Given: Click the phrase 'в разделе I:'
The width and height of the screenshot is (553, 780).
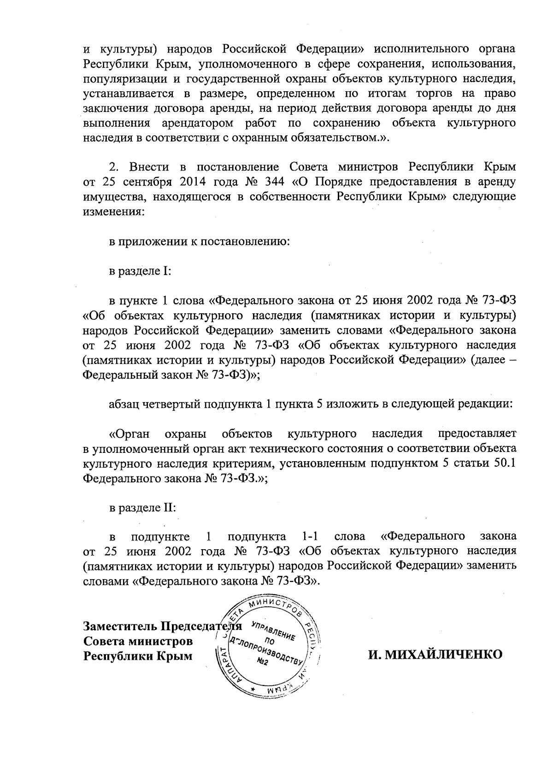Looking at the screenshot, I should [140, 271].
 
